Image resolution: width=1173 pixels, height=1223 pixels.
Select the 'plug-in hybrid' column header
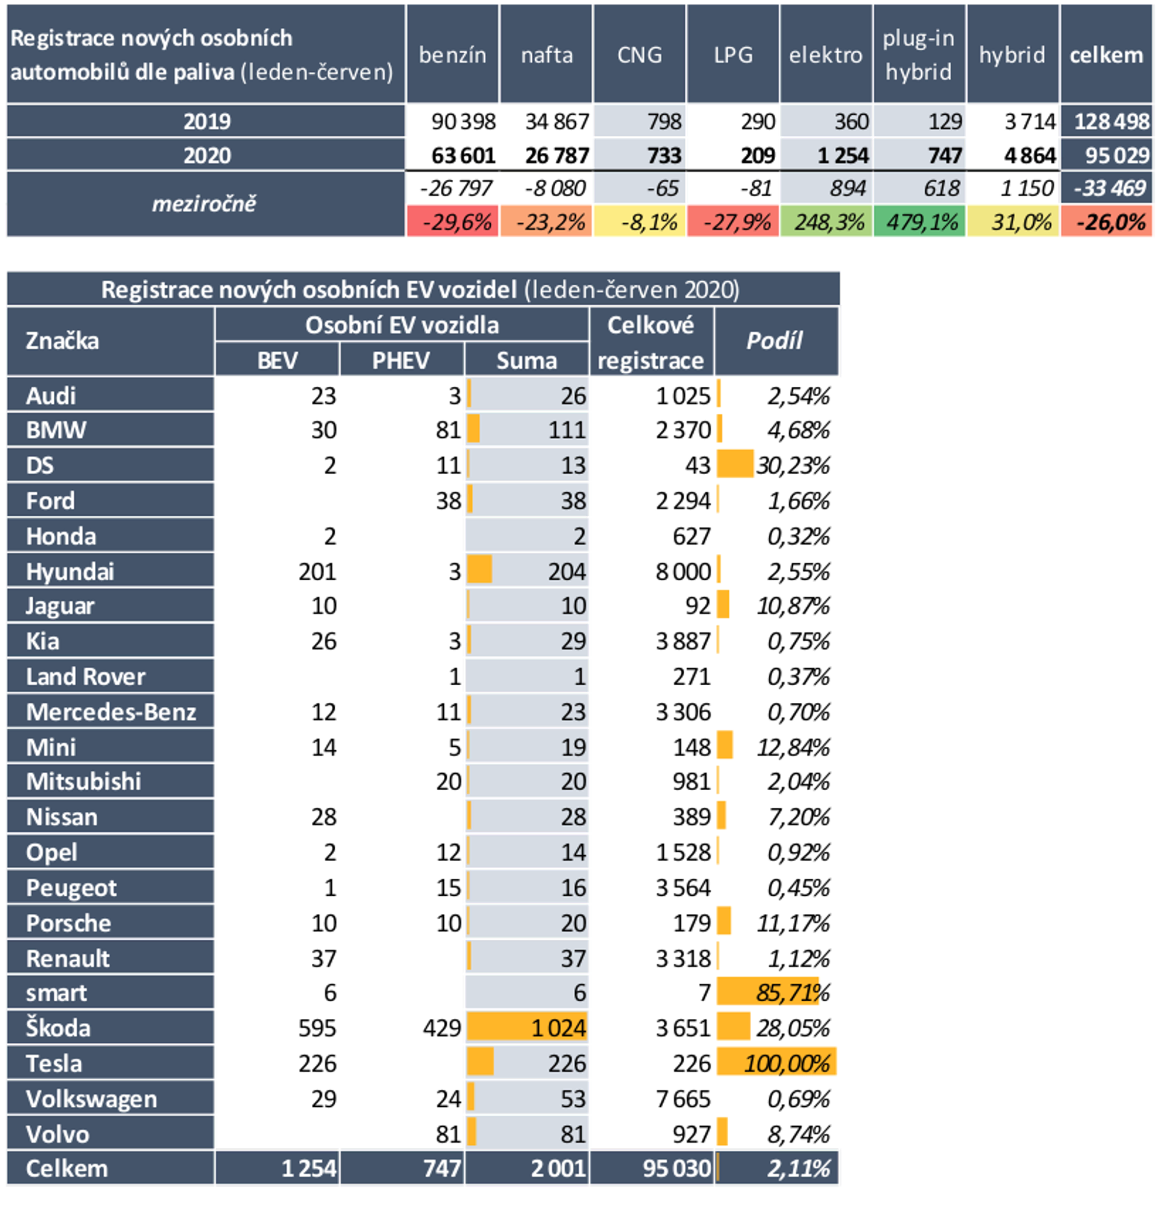(918, 55)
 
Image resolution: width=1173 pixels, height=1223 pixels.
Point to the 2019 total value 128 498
(1111, 121)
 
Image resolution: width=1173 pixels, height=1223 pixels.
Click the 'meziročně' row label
(204, 203)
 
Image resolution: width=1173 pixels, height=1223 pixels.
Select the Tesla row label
(54, 1063)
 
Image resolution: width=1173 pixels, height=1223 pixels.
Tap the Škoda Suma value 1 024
(558, 1028)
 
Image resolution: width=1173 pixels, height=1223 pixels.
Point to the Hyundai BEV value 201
(317, 571)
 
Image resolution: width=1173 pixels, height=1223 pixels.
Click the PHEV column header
(401, 360)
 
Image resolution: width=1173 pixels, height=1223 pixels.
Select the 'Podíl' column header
(775, 341)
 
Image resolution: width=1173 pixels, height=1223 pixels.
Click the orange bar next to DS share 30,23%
(735, 464)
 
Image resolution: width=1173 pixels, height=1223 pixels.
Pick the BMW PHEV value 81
(448, 430)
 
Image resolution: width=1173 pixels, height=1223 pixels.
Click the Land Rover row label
(86, 676)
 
